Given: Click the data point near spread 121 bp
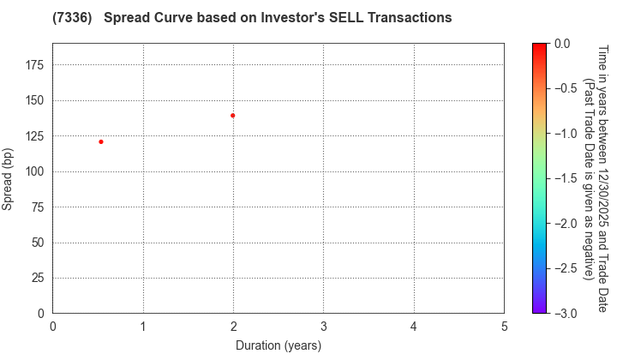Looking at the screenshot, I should click(x=101, y=141).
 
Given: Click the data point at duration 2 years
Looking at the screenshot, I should click(x=232, y=115).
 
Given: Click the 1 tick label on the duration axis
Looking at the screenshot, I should click(x=143, y=327).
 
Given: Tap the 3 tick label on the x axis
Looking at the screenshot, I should click(x=324, y=327).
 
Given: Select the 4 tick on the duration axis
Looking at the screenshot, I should click(x=414, y=327).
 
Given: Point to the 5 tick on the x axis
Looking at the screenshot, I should click(x=504, y=327).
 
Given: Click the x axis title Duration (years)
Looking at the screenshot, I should click(x=279, y=345).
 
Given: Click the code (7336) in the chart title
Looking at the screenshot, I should click(x=72, y=17).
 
